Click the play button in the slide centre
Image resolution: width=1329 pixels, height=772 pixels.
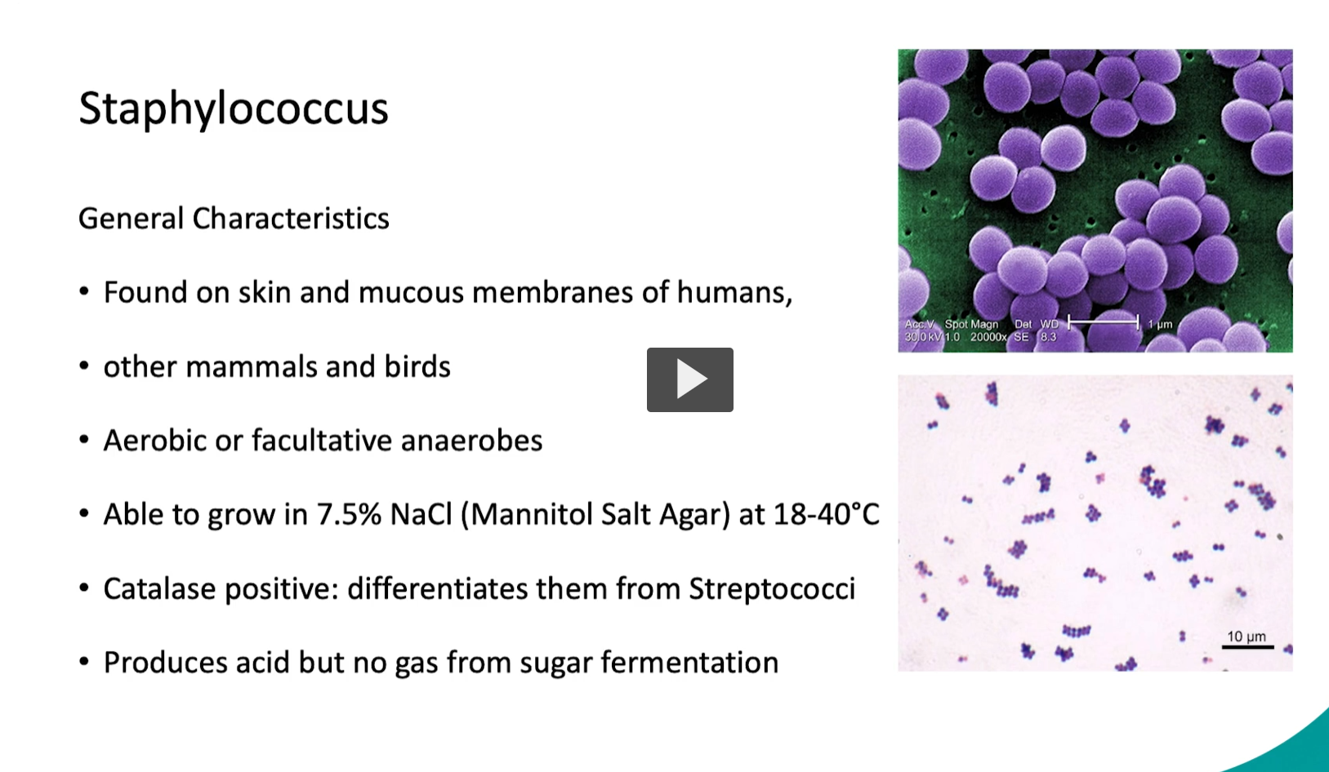(x=689, y=379)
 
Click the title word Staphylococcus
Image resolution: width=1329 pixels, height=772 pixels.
(x=233, y=109)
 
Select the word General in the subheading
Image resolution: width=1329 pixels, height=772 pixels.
(x=131, y=219)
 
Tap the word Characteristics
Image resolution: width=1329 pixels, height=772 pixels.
(x=291, y=219)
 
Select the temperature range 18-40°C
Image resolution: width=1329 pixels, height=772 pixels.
(x=826, y=515)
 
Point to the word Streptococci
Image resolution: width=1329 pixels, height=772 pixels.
(x=772, y=589)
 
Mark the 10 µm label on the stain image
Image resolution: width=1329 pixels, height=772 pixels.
(x=1246, y=636)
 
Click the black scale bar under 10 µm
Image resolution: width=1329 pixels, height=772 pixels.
(x=1247, y=647)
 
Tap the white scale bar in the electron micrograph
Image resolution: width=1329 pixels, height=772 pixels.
(x=1103, y=322)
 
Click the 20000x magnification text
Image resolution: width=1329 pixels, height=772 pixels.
(x=988, y=337)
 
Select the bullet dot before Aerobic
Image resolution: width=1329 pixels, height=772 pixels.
(x=84, y=441)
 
